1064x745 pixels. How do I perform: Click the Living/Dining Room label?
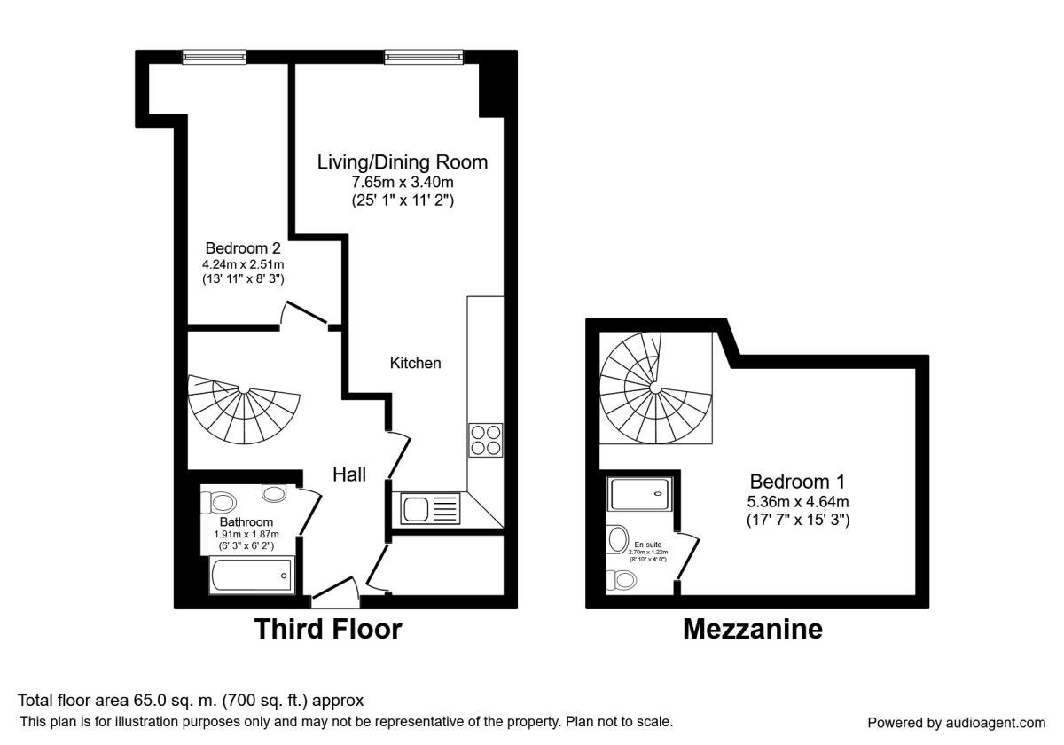pos(403,162)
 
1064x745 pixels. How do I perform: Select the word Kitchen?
pos(415,363)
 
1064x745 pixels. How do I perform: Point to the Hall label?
pos(350,474)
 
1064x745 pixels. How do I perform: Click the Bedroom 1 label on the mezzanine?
pos(797,482)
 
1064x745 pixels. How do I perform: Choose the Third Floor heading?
pos(328,630)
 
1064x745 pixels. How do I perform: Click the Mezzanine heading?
pos(753,630)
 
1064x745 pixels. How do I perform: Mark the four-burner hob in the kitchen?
pos(485,439)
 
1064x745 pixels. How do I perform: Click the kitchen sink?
pos(430,508)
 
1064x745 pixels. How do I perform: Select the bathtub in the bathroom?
pos(250,576)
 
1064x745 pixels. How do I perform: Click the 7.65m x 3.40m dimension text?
pos(403,183)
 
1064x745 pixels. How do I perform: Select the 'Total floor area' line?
pos(191,700)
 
